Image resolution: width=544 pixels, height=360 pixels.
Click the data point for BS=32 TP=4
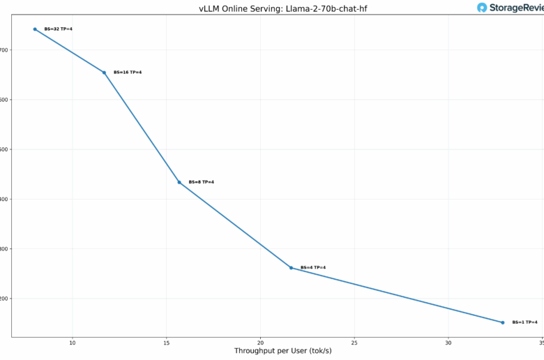(35, 29)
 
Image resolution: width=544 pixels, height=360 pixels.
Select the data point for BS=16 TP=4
(105, 73)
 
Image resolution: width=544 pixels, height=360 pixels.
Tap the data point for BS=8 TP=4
(179, 182)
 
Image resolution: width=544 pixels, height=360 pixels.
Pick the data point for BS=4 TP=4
(292, 268)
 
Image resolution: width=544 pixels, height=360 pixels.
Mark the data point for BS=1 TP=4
(503, 322)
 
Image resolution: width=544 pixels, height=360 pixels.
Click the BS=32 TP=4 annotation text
(58, 29)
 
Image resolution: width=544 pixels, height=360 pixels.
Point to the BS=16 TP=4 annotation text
(128, 73)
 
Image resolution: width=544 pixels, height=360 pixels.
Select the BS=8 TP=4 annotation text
(202, 182)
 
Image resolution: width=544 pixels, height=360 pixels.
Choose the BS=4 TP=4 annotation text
(313, 268)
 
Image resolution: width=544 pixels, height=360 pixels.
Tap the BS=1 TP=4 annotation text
(524, 322)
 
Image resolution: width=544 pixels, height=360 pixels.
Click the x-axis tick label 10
(73, 343)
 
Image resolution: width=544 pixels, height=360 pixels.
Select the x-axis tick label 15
(166, 343)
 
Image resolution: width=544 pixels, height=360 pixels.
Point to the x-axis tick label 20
(260, 343)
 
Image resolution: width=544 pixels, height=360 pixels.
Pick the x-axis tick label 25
(354, 343)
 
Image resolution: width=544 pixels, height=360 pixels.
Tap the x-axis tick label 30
(448, 343)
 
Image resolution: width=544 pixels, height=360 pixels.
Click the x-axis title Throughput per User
(282, 351)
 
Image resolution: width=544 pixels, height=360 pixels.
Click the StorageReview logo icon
(482, 8)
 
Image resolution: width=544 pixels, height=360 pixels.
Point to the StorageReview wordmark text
(517, 8)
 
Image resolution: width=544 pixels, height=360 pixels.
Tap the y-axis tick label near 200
(4, 299)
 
